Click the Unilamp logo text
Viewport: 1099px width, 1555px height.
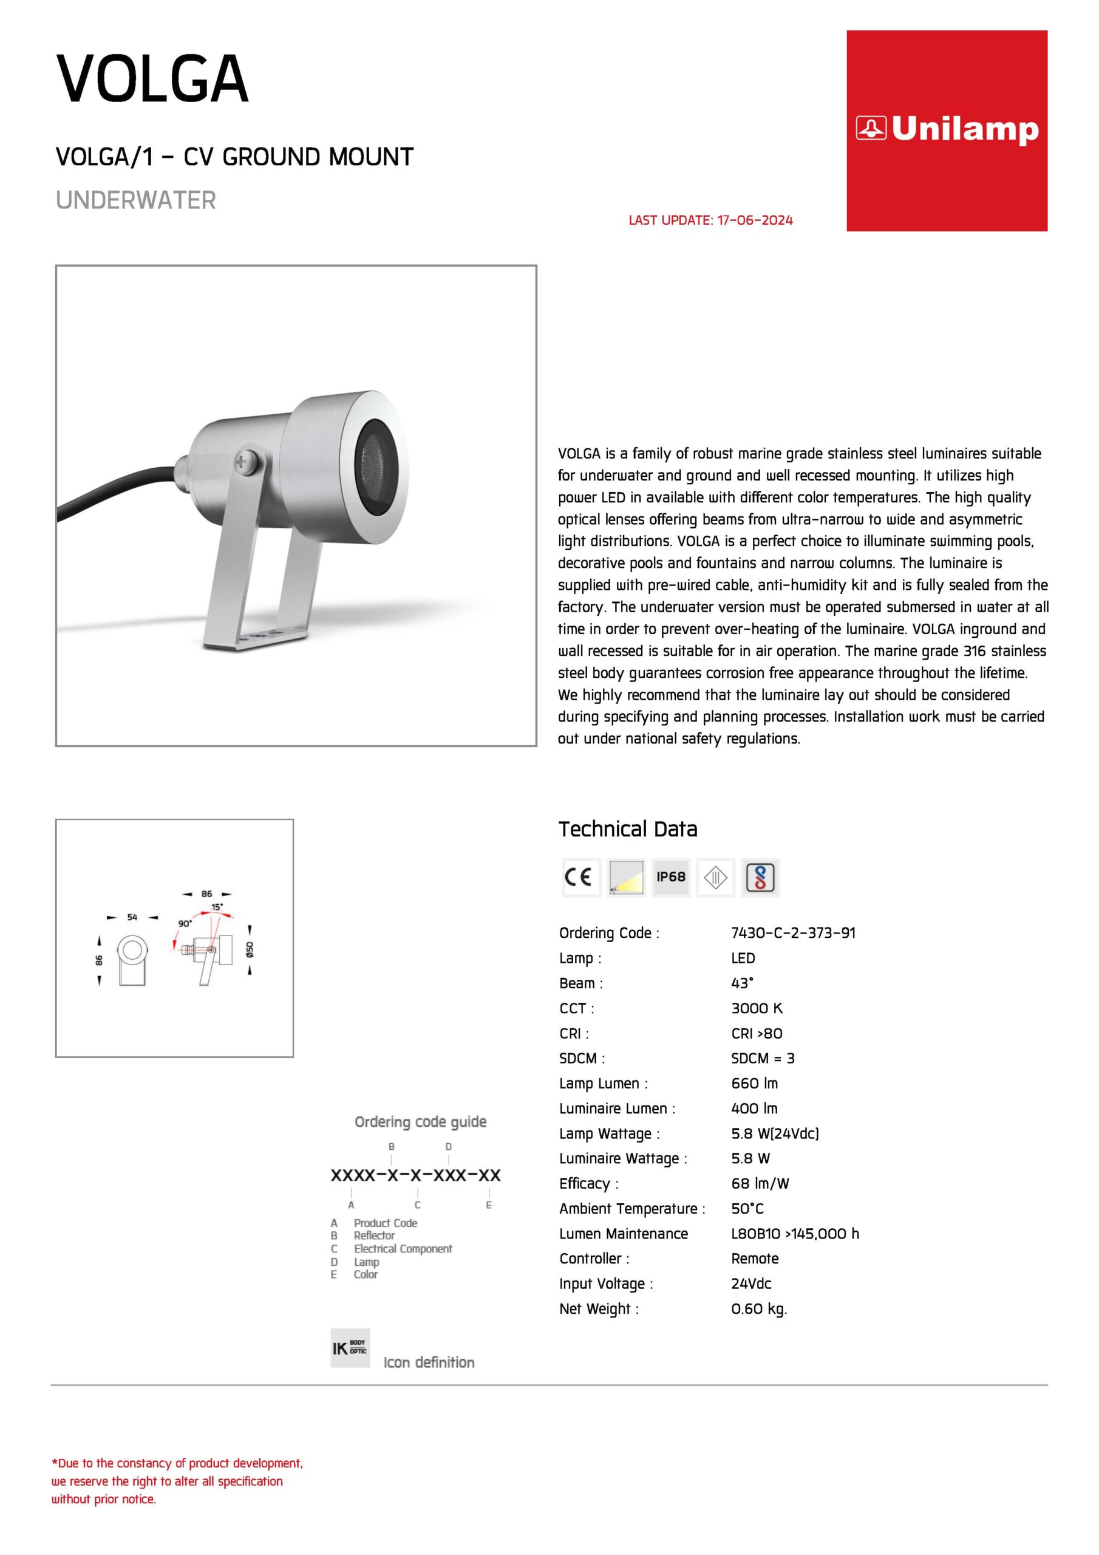coord(964,129)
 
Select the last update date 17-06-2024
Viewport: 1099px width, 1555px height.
coord(754,220)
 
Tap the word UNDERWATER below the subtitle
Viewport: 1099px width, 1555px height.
coord(135,200)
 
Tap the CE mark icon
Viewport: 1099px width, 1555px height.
coord(580,877)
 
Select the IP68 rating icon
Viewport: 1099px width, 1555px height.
coord(670,877)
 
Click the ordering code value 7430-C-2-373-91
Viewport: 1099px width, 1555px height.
coord(793,932)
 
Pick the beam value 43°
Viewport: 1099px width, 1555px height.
coord(742,983)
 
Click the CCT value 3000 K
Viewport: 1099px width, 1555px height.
coord(757,1008)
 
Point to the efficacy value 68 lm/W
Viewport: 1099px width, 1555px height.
coord(760,1183)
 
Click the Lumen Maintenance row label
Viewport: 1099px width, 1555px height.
coord(623,1233)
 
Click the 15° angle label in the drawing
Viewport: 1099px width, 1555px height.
coord(217,907)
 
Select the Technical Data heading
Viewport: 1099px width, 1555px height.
coord(628,829)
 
